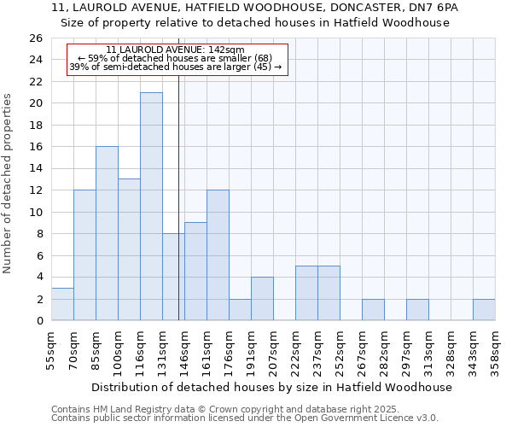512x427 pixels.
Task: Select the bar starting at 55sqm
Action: pyautogui.click(x=62, y=304)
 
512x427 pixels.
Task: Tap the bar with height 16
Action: pyautogui.click(x=107, y=233)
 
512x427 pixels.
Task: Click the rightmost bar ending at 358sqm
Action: pyautogui.click(x=484, y=310)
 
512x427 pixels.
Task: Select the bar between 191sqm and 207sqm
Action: pyautogui.click(x=262, y=299)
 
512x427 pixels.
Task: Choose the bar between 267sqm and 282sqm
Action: pyautogui.click(x=373, y=310)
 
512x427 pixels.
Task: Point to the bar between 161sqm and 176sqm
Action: pyautogui.click(x=218, y=254)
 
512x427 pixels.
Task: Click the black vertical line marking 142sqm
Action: pyautogui.click(x=178, y=196)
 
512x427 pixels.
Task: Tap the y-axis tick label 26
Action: pyautogui.click(x=35, y=38)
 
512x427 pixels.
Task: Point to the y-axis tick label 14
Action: pyautogui.click(x=35, y=169)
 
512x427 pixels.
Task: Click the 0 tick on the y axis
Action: pyautogui.click(x=38, y=321)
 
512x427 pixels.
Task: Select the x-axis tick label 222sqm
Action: pyautogui.click(x=295, y=345)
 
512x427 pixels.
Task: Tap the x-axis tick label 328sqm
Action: pyautogui.click(x=451, y=345)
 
